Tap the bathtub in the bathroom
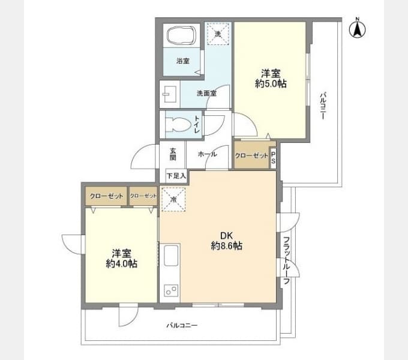181,35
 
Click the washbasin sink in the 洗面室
169,94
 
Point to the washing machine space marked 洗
218,34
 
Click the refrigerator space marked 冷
173,200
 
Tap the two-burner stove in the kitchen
171,290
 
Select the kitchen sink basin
171,256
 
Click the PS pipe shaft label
273,158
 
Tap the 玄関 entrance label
173,154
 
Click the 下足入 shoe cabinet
176,176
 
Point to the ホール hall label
207,154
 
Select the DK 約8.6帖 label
226,241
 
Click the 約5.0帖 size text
271,83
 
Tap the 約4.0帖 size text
122,264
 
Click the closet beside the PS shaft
251,155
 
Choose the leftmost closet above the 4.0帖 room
106,196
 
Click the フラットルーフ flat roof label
286,260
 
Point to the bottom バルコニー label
182,325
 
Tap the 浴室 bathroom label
183,61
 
